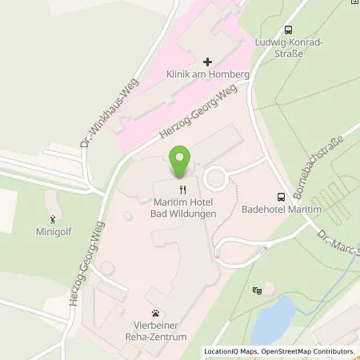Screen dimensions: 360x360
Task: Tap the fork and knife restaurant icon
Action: point(182,190)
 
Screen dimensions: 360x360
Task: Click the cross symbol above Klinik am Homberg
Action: point(207,62)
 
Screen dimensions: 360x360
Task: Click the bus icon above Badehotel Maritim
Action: point(281,197)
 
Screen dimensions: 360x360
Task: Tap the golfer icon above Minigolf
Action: point(54,219)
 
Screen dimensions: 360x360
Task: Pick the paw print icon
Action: point(154,314)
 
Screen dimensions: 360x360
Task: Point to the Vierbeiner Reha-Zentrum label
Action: point(155,332)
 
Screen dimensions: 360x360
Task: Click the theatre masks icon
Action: point(257,290)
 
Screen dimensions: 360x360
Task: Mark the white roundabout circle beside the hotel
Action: point(217,177)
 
